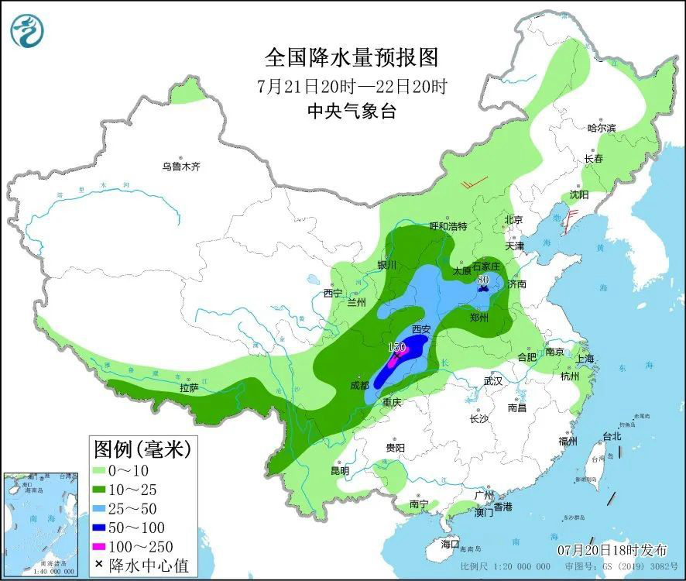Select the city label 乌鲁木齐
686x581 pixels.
point(181,166)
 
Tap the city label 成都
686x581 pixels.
point(359,384)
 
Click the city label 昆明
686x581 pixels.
point(340,470)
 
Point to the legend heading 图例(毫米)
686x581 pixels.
point(141,448)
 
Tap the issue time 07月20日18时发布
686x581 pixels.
point(612,550)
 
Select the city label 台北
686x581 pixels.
point(612,436)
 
